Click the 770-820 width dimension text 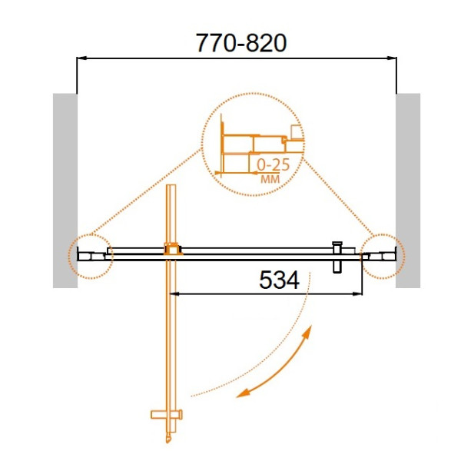coord(241,43)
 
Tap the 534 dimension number coord(280,280)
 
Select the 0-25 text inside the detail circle coord(273,165)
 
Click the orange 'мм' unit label coord(270,179)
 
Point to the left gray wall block coord(65,191)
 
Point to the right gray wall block coord(408,191)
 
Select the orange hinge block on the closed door coord(173,249)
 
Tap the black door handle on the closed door coord(337,257)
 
